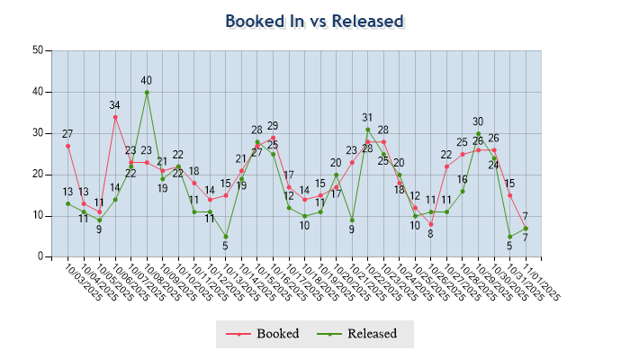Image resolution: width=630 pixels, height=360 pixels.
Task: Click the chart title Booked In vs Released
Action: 314,22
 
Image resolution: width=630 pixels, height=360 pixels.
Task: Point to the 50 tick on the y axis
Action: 38,50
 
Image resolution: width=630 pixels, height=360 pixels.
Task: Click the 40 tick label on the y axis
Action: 38,92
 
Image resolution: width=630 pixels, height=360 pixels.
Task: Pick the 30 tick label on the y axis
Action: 38,133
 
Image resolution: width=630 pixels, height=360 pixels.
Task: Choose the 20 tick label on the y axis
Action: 38,175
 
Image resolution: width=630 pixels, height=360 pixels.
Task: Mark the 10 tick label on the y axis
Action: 38,216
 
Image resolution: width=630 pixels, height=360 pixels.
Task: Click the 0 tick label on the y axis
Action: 40,257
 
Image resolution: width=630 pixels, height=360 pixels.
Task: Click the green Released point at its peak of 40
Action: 147,92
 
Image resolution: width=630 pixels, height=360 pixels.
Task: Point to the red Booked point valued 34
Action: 115,117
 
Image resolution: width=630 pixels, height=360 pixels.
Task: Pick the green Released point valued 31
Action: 368,130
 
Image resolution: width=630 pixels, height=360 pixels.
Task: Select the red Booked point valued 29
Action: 273,138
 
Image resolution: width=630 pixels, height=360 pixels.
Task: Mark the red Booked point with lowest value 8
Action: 431,224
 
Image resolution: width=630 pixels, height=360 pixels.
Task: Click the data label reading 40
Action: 147,81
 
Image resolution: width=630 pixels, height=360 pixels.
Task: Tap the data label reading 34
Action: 115,105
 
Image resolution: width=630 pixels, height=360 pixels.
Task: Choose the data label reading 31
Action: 368,118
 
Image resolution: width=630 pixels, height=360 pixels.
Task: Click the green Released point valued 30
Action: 479,133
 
